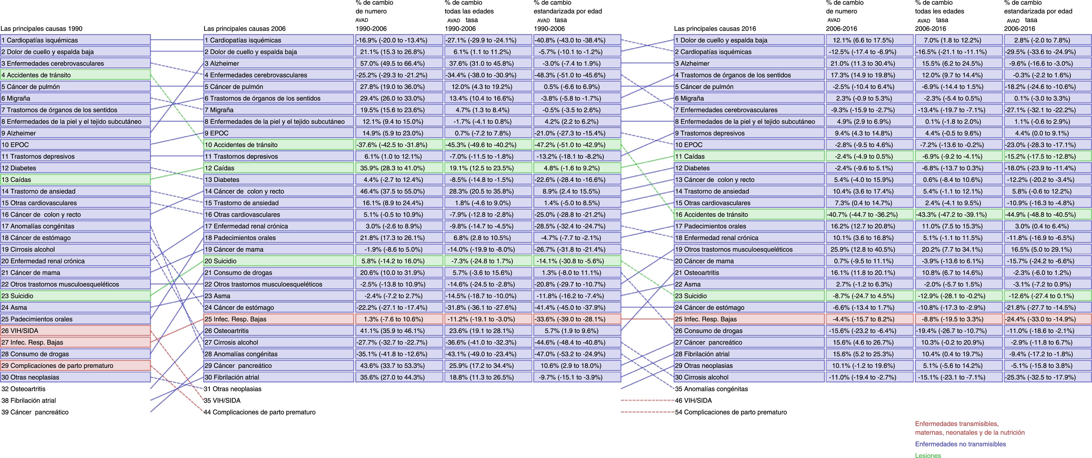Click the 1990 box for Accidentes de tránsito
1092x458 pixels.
[76, 75]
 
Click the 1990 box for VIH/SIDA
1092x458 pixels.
[76, 331]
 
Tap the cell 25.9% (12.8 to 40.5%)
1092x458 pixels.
[869, 249]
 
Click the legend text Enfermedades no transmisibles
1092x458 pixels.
[960, 444]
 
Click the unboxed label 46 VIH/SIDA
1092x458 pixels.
[693, 400]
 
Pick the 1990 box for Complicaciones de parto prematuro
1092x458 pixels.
[76, 365]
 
